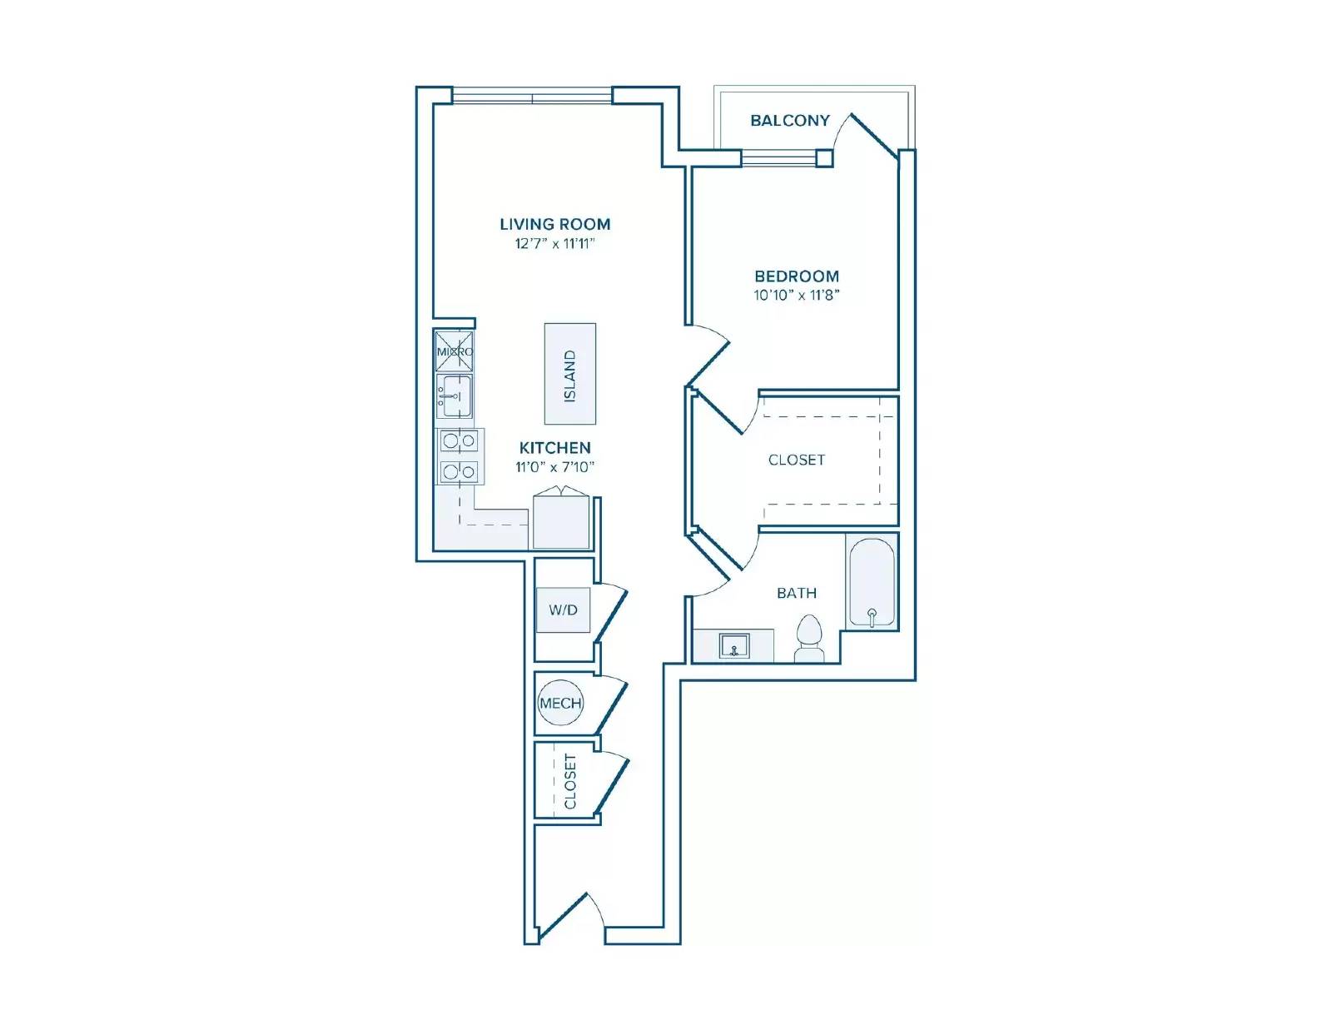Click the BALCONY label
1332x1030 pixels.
pyautogui.click(x=789, y=120)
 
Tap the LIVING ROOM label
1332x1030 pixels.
pyautogui.click(x=554, y=224)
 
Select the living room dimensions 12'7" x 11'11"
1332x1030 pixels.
pyautogui.click(x=554, y=244)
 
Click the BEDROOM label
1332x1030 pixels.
pyautogui.click(x=796, y=276)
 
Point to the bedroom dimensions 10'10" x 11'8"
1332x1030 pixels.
pyautogui.click(x=796, y=296)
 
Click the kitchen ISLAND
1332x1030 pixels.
pyautogui.click(x=570, y=374)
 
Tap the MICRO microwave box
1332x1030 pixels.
pyautogui.click(x=455, y=351)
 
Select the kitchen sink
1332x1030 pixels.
pyautogui.click(x=455, y=396)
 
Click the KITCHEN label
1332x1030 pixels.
pyautogui.click(x=554, y=448)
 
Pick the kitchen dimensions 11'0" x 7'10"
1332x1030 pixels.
pyautogui.click(x=554, y=467)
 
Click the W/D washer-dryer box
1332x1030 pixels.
pyautogui.click(x=563, y=610)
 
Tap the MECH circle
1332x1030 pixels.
pyautogui.click(x=559, y=704)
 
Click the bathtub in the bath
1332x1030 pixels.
pyautogui.click(x=872, y=583)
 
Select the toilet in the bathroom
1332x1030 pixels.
pyautogui.click(x=809, y=639)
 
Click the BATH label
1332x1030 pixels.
pyautogui.click(x=796, y=593)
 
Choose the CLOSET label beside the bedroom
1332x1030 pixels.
pyautogui.click(x=796, y=460)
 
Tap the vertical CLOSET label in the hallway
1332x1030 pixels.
pyautogui.click(x=570, y=782)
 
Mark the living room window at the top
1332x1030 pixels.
pyautogui.click(x=532, y=99)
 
